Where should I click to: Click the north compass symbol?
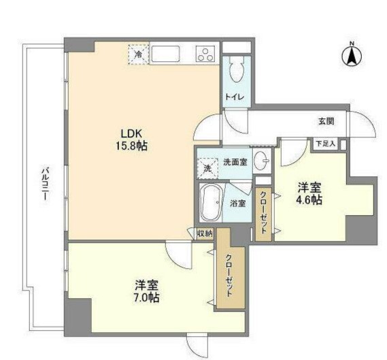pos(352,56)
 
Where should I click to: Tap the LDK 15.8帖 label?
pos(134,140)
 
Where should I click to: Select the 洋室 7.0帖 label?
pos(146,292)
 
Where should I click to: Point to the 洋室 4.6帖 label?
pos(308,194)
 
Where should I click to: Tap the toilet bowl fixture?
pos(237,69)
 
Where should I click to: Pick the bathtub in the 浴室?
pos(212,203)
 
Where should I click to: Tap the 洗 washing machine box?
pos(206,167)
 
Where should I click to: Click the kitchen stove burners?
pos(205,54)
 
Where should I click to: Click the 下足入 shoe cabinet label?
pos(325,144)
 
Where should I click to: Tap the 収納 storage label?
pos(204,233)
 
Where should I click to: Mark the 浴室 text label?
pos(236,203)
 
